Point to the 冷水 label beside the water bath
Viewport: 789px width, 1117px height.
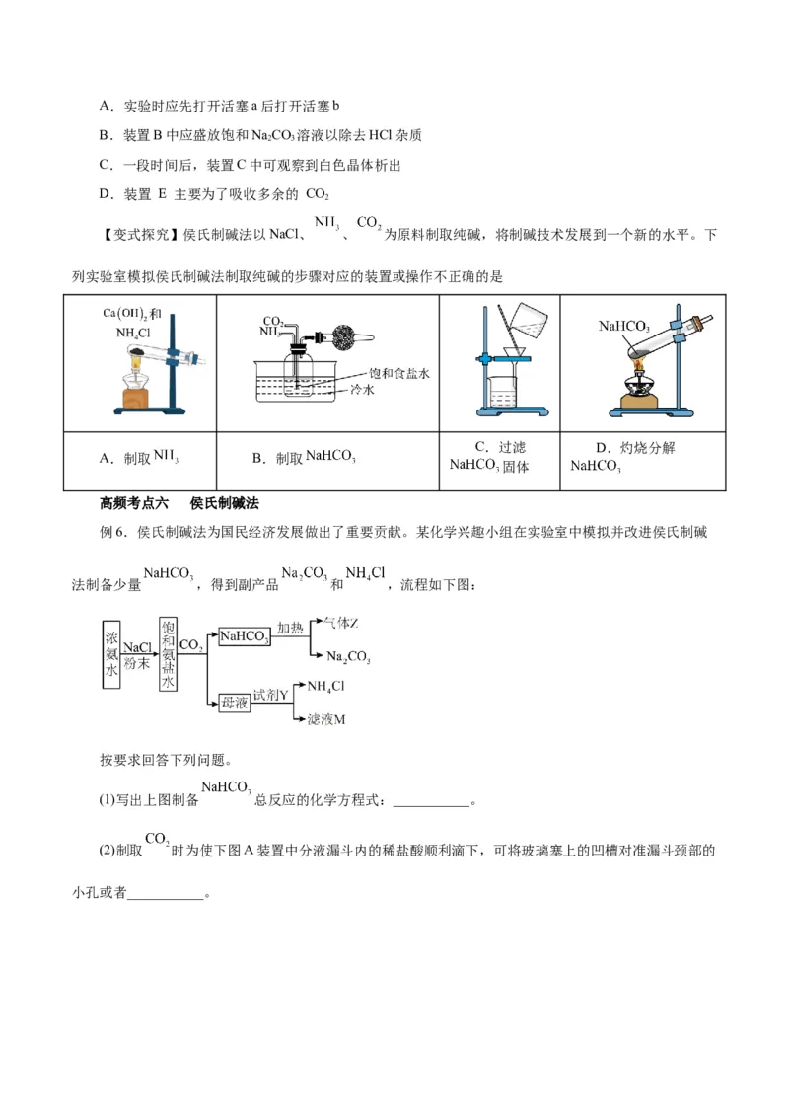click(x=379, y=390)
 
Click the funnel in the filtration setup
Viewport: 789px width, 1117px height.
click(x=511, y=352)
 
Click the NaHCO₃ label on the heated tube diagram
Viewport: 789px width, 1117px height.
click(x=623, y=326)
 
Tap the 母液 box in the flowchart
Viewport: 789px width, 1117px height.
click(x=235, y=702)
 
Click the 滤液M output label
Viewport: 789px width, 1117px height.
click(x=327, y=720)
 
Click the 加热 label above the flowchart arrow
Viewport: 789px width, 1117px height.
click(x=290, y=629)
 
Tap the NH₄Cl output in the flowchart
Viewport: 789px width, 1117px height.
click(x=326, y=686)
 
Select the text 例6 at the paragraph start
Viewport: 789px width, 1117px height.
click(x=115, y=532)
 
